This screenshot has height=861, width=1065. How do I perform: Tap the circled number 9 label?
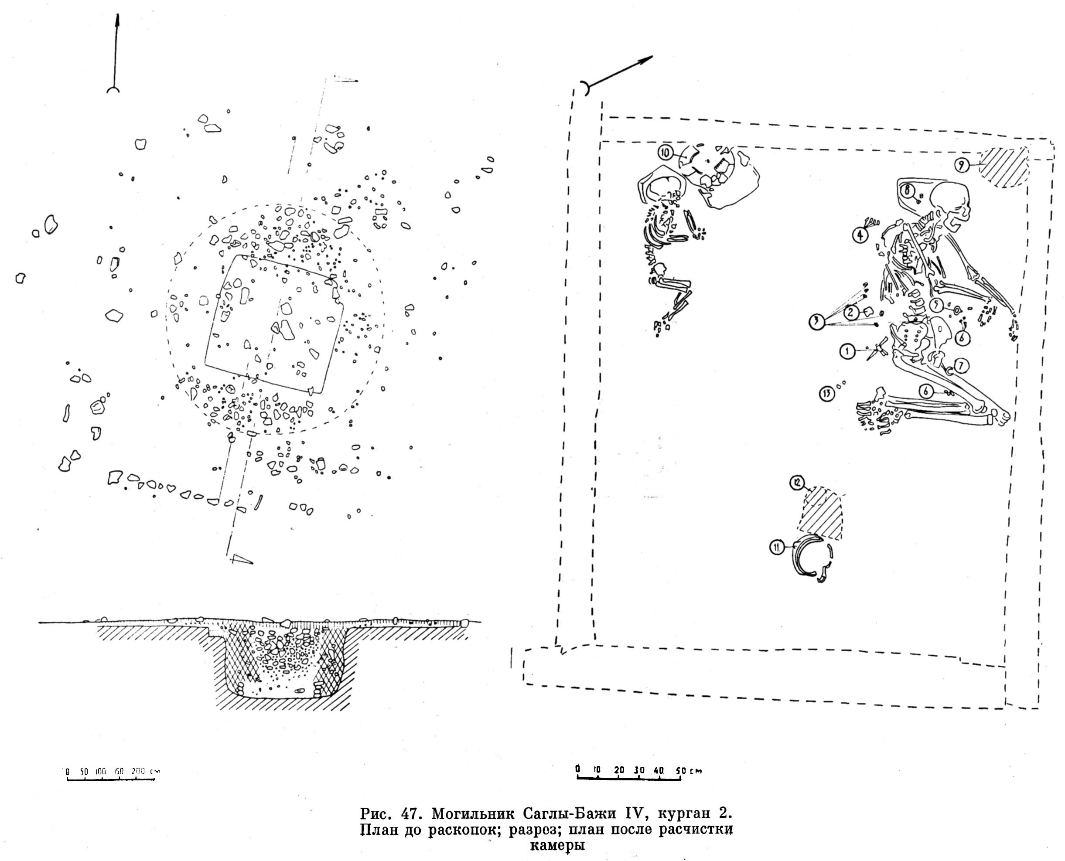coord(961,165)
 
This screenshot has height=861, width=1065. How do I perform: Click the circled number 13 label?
coord(826,394)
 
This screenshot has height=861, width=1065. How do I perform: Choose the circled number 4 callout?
coord(860,234)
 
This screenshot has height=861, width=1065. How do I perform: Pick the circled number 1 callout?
coord(847,352)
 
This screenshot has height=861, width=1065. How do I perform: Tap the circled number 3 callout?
coord(816,322)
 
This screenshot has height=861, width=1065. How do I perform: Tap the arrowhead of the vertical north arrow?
coord(118,22)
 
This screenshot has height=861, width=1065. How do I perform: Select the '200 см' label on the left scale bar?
coord(145,771)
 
